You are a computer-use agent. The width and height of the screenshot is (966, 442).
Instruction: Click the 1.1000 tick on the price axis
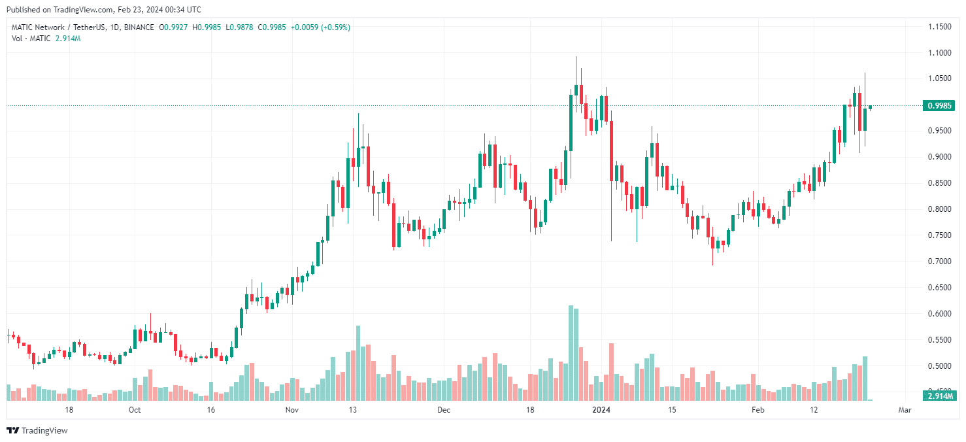[x=939, y=53]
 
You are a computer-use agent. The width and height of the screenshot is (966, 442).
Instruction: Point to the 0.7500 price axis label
[x=939, y=235]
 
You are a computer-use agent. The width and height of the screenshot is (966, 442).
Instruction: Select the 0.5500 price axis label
[x=939, y=340]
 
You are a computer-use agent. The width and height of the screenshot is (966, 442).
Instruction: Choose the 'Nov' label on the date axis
[x=292, y=411]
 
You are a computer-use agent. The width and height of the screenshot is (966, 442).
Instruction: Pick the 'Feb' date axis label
[x=757, y=411]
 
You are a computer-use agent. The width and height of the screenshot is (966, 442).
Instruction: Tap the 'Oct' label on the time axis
[x=134, y=411]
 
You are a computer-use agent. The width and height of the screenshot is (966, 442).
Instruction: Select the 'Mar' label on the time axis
[x=905, y=411]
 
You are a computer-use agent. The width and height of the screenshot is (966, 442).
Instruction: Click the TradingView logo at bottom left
[x=37, y=430]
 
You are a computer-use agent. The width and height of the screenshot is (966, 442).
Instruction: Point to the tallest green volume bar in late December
[x=571, y=353]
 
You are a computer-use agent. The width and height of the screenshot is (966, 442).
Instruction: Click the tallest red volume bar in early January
[x=612, y=371]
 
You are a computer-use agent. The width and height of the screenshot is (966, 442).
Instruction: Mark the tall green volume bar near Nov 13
[x=358, y=363]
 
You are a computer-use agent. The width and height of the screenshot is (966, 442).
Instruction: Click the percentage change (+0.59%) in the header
[x=334, y=27]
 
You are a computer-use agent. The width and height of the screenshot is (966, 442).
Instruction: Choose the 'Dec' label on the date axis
[x=444, y=411]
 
